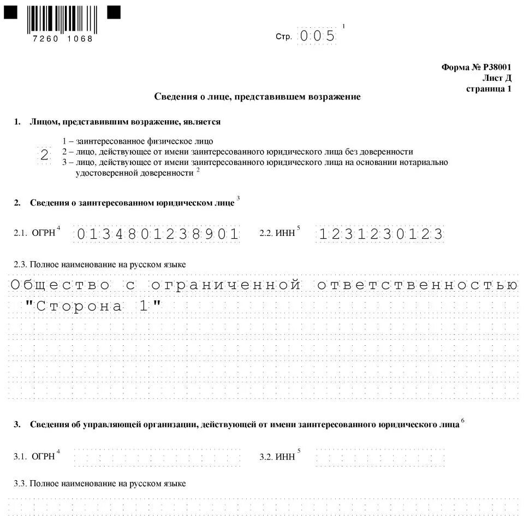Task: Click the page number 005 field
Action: (x=317, y=36)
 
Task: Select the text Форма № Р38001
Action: (x=476, y=67)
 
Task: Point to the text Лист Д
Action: (x=497, y=78)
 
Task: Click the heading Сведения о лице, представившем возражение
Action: (x=257, y=97)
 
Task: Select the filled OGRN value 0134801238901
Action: (x=158, y=234)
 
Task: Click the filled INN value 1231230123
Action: (x=380, y=234)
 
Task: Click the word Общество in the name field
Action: (x=61, y=285)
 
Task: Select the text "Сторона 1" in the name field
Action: (x=94, y=306)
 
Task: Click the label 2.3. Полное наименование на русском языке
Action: (x=100, y=264)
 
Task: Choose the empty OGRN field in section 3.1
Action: (x=158, y=457)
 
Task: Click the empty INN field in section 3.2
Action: (x=380, y=457)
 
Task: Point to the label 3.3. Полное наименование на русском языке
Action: (x=100, y=483)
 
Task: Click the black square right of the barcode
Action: (x=114, y=13)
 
